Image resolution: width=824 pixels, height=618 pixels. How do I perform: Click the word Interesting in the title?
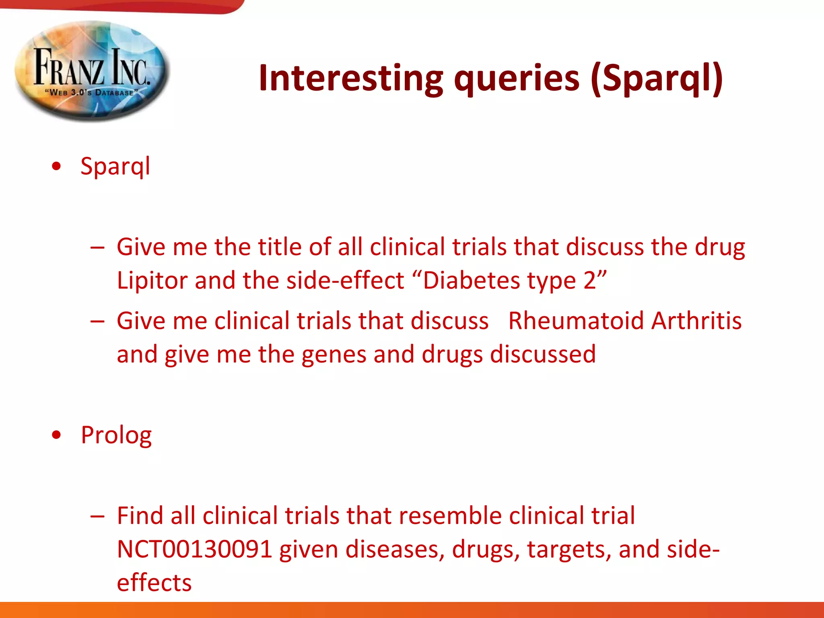(350, 78)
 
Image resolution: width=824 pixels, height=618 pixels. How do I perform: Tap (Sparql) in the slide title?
(657, 78)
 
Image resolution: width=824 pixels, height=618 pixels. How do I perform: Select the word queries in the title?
(517, 79)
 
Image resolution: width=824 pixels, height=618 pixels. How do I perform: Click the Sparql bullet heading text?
(115, 166)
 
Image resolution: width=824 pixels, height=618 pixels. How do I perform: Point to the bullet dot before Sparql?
(57, 166)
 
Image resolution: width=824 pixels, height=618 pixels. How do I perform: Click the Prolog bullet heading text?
(116, 435)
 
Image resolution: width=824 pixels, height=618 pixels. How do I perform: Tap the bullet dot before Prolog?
(57, 435)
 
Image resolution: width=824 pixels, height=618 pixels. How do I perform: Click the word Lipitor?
(151, 280)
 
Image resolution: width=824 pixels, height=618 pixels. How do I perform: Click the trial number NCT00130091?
(195, 550)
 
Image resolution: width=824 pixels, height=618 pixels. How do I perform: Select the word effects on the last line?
(154, 583)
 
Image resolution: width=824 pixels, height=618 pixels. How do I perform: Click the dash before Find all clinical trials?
(97, 516)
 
